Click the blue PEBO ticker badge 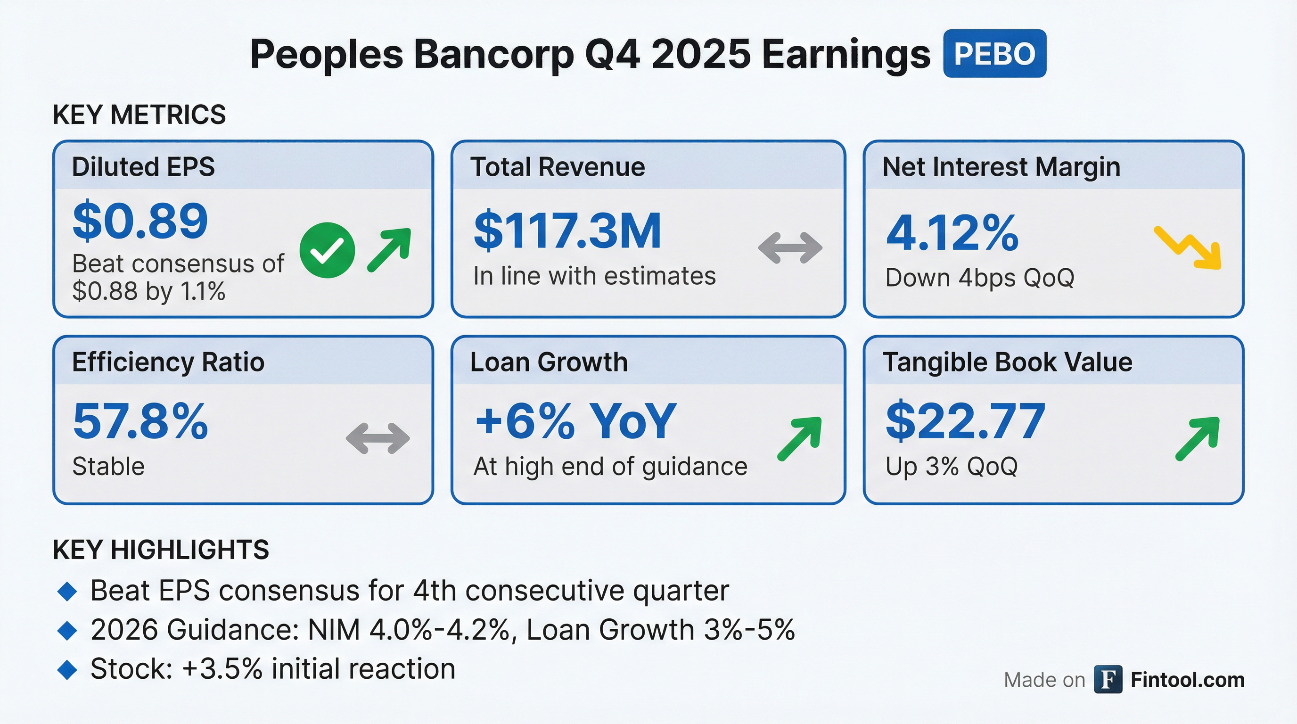[x=994, y=53]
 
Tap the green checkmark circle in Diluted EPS [x=327, y=250]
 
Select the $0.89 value [x=140, y=221]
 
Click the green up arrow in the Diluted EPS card [x=389, y=250]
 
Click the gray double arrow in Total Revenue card [x=790, y=248]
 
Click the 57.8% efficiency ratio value [x=140, y=421]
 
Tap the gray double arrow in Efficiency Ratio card [x=378, y=438]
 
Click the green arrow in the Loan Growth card [x=799, y=438]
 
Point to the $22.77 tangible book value [x=965, y=421]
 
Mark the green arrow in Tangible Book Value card [x=1197, y=438]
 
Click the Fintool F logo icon [x=1108, y=679]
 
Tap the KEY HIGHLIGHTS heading [x=161, y=549]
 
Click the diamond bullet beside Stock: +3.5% [x=67, y=670]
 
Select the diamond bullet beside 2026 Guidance [x=67, y=631]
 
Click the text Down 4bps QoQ [x=980, y=278]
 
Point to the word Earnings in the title [x=846, y=54]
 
